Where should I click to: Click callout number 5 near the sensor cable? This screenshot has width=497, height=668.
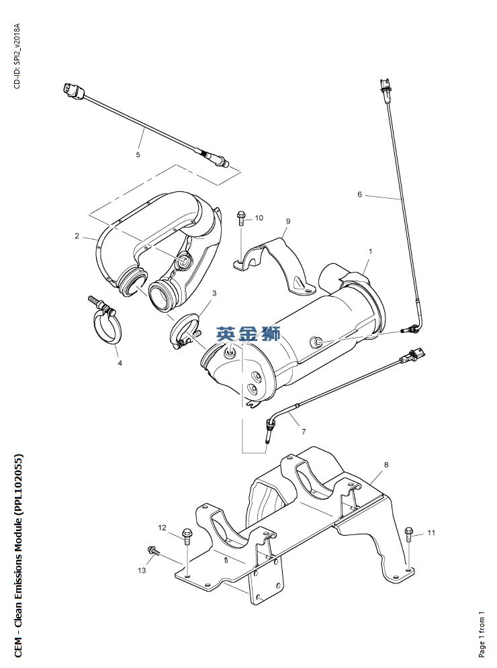[x=138, y=154]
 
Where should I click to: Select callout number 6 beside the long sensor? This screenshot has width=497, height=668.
[x=360, y=194]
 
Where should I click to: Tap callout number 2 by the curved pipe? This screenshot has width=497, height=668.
[x=77, y=236]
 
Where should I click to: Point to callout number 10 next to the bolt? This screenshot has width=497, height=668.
[x=259, y=218]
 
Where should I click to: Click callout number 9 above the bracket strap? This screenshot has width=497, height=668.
[x=288, y=221]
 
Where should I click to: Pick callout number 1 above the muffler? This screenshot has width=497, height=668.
[x=370, y=251]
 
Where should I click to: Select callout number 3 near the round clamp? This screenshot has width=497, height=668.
[x=214, y=293]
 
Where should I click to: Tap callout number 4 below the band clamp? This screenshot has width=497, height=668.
[x=120, y=363]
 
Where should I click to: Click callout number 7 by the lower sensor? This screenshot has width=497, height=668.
[x=304, y=432]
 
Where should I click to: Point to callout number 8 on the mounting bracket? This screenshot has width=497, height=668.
[x=386, y=465]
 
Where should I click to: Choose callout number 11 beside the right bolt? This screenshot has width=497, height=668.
[x=431, y=532]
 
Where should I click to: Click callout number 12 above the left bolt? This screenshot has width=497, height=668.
[x=162, y=528]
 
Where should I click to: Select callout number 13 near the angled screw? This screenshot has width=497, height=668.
[x=142, y=570]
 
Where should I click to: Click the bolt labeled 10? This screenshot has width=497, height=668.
[x=241, y=218]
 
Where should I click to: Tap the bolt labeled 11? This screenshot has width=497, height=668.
[x=408, y=533]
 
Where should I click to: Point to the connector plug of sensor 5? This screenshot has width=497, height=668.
[x=74, y=91]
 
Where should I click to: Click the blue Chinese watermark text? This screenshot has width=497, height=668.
[x=248, y=334]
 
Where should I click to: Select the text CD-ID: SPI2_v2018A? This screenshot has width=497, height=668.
[x=17, y=56]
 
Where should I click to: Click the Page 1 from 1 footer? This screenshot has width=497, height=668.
[x=482, y=634]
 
